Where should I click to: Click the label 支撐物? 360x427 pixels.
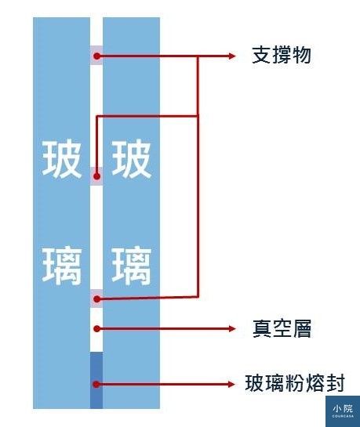(x=282, y=55)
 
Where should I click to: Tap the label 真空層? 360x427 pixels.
(x=282, y=328)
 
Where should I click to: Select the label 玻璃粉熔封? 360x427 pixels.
(x=295, y=383)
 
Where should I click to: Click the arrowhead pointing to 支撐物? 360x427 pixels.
(x=231, y=56)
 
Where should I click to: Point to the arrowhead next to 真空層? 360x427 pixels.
(x=231, y=329)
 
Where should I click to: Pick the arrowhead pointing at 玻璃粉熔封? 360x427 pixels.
(x=231, y=384)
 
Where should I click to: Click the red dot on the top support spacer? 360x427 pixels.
(x=96, y=56)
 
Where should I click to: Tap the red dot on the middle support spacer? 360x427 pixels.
(x=96, y=176)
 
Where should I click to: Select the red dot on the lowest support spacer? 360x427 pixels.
(x=96, y=299)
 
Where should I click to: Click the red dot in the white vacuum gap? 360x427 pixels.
(x=96, y=329)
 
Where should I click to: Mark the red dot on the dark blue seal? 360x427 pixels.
(x=96, y=384)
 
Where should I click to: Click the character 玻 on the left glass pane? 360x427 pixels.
(x=62, y=158)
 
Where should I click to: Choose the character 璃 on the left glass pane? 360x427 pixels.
(x=62, y=266)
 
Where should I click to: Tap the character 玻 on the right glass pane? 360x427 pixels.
(x=131, y=158)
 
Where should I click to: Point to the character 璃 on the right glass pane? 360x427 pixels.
(x=131, y=266)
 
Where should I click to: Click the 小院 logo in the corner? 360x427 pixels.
(x=343, y=411)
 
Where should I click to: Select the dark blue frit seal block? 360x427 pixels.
(x=96, y=380)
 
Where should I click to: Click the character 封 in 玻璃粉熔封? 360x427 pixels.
(x=336, y=383)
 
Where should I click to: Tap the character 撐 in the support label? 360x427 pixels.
(x=282, y=55)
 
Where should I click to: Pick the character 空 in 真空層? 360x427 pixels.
(x=282, y=328)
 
